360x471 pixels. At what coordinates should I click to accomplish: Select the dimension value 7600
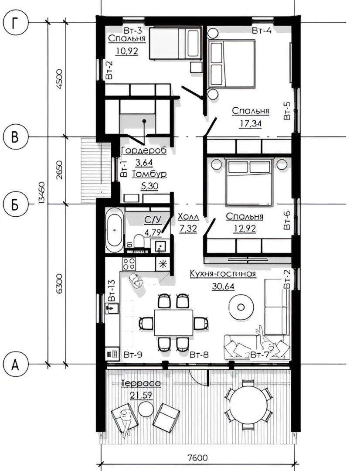point(197,458)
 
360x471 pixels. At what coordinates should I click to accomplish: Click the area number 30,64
point(223,286)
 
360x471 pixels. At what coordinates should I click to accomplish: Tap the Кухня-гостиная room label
point(223,273)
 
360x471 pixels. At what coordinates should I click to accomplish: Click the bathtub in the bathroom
point(114,230)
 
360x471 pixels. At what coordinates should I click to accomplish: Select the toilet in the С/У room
point(139,241)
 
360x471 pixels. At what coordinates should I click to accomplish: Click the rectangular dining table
point(173,322)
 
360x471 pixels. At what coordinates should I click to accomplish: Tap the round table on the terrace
point(248,404)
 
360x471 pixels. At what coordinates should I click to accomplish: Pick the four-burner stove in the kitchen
point(129,264)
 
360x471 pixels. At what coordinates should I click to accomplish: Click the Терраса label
point(141,383)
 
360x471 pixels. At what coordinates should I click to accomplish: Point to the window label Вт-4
point(262,31)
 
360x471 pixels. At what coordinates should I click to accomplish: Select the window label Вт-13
point(111,290)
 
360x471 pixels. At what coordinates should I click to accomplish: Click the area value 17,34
point(251,123)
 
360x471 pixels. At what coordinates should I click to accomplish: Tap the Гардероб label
point(143,150)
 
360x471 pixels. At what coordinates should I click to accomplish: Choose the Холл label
point(188,217)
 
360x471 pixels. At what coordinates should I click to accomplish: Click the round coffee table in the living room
point(241,307)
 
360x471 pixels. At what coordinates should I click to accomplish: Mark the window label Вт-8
point(199,355)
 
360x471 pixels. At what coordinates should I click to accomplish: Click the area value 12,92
point(245,229)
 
